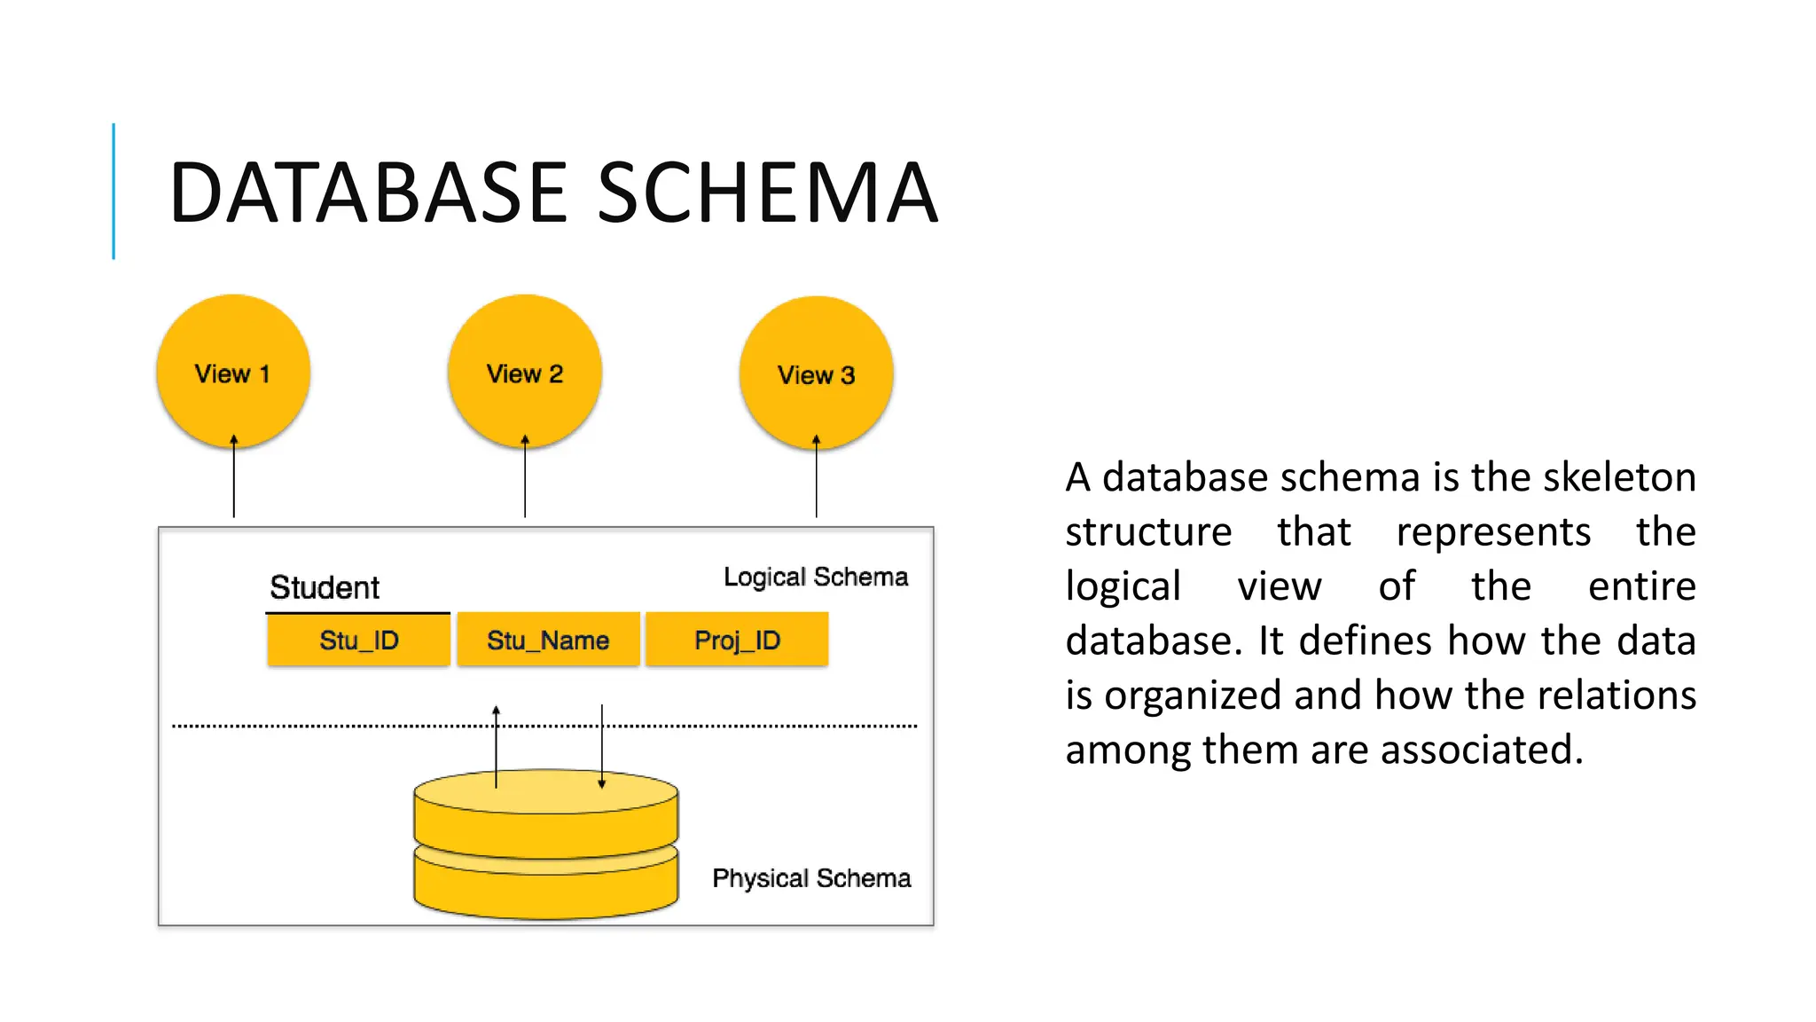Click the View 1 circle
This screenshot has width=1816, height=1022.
pyautogui.click(x=233, y=373)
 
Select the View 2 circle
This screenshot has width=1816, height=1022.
pyautogui.click(x=525, y=373)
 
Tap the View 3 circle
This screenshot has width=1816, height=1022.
pyautogui.click(x=816, y=373)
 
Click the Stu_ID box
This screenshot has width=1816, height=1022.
pyautogui.click(x=358, y=640)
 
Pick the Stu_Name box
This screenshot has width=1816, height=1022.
pyautogui.click(x=548, y=640)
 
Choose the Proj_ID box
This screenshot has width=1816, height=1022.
pyautogui.click(x=737, y=640)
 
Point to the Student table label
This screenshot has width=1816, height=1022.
pyautogui.click(x=325, y=587)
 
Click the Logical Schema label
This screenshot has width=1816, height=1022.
pyautogui.click(x=816, y=577)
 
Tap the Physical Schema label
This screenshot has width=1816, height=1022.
pyautogui.click(x=811, y=878)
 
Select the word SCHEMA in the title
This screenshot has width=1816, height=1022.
pyautogui.click(x=767, y=193)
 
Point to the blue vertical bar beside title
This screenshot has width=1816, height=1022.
pyautogui.click(x=113, y=191)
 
